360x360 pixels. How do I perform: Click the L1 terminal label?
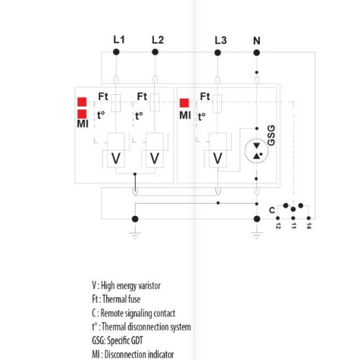coord(119,40)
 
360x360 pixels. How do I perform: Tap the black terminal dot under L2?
coord(155,52)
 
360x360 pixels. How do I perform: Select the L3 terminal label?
coord(221,41)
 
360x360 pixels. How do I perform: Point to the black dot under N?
coord(257,53)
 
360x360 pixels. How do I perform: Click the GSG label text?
coord(272,135)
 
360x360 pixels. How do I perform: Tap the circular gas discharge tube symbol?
coord(257,151)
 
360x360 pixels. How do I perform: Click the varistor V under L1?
coord(116,158)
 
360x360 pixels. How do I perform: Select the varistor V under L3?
coord(218,158)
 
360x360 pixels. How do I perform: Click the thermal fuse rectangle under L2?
coord(154,103)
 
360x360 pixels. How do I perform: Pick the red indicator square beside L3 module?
coord(185,103)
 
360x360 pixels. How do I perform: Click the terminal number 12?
coord(278,226)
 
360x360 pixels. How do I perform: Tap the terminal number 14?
coord(309,226)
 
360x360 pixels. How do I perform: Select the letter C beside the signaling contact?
coord(272,210)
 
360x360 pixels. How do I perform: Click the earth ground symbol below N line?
coord(257,235)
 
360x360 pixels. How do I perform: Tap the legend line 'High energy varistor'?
coord(126,285)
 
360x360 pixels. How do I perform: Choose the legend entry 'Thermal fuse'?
coord(116,299)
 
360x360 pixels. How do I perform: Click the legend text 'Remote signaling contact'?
coord(134,313)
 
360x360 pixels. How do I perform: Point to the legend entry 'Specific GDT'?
coord(117,340)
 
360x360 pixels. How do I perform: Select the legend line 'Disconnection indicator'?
coord(133,354)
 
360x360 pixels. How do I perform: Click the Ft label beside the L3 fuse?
coord(205,96)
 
